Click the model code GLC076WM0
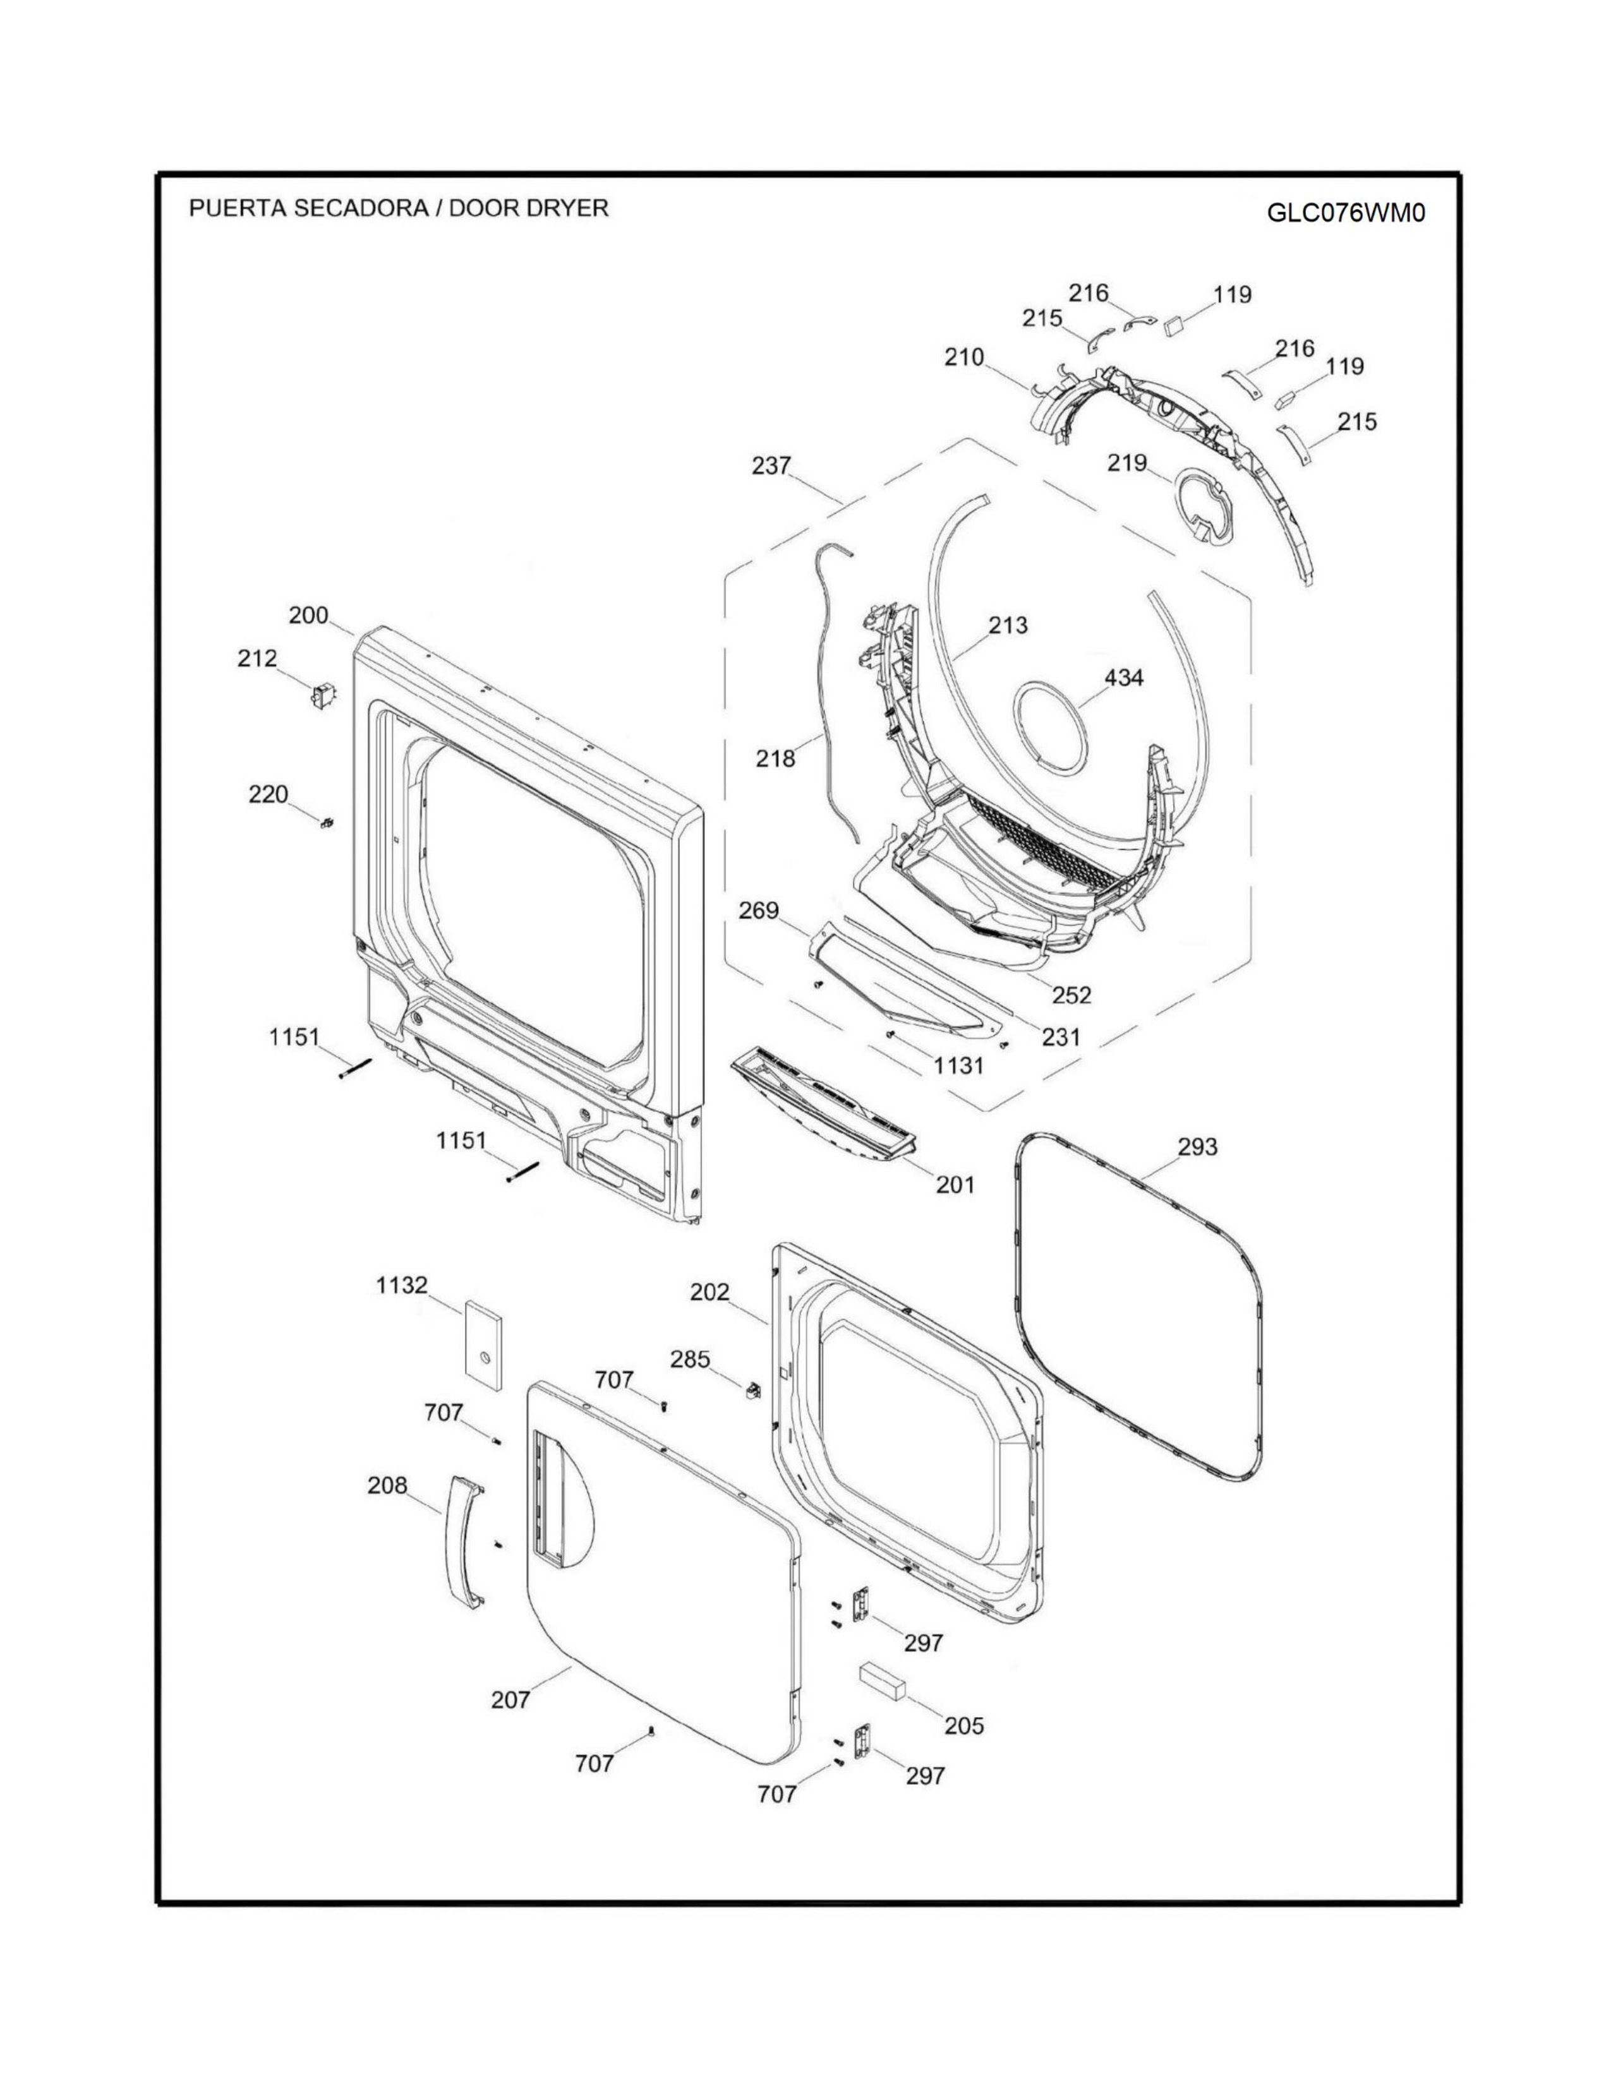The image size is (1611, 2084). coord(1346,212)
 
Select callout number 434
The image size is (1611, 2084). coord(1125,678)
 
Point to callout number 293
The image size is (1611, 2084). coord(1198,1146)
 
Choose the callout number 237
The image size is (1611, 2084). coord(771,465)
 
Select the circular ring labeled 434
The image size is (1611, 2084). coord(1050,726)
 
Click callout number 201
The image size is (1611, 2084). coord(955,1185)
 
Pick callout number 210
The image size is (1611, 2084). coord(964,358)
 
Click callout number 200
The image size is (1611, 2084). coord(308,616)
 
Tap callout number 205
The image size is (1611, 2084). coord(964,1725)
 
